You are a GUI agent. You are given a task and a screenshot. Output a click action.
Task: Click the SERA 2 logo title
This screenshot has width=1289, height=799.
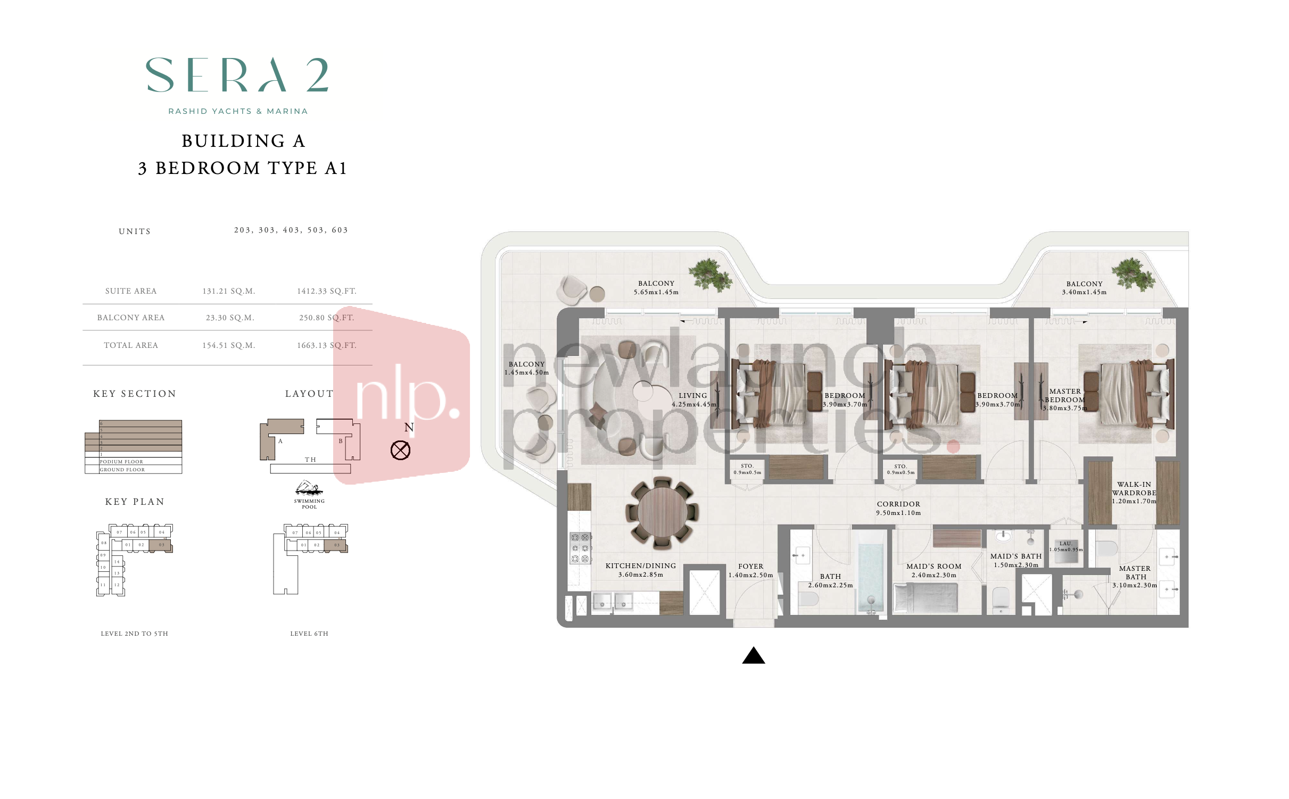pyautogui.click(x=237, y=76)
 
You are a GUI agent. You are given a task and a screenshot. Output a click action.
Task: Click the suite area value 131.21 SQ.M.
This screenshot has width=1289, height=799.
pyautogui.click(x=228, y=291)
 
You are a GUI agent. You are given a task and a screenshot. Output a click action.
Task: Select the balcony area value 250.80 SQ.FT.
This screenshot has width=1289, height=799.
pyautogui.click(x=326, y=318)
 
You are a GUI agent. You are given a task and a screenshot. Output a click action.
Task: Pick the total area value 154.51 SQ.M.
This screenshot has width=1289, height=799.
pyautogui.click(x=228, y=345)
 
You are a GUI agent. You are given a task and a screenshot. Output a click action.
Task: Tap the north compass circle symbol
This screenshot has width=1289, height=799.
pyautogui.click(x=400, y=451)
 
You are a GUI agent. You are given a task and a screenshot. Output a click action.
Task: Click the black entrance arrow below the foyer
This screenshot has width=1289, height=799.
pyautogui.click(x=753, y=656)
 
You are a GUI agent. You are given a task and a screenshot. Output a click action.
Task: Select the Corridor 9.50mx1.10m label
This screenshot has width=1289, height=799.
pyautogui.click(x=898, y=509)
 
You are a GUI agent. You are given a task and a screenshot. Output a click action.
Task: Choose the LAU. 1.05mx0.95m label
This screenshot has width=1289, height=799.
pyautogui.click(x=1065, y=546)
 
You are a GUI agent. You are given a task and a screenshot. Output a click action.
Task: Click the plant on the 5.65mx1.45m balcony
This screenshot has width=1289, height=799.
pyautogui.click(x=710, y=274)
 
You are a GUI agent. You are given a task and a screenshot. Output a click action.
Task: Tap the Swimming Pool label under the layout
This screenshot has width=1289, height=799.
pyautogui.click(x=309, y=503)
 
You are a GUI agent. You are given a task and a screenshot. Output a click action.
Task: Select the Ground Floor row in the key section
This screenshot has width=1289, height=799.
pyautogui.click(x=133, y=470)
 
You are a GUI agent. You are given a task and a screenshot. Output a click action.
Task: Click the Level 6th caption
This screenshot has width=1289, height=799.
pyautogui.click(x=309, y=634)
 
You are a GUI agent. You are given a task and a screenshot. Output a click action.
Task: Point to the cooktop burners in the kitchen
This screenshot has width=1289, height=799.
pyautogui.click(x=580, y=548)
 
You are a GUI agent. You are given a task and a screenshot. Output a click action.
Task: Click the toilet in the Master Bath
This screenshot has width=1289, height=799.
pyautogui.click(x=1106, y=548)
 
